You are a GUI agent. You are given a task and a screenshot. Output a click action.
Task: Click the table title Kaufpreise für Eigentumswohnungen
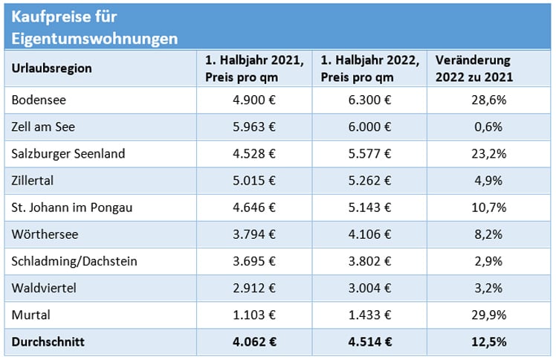click(x=94, y=28)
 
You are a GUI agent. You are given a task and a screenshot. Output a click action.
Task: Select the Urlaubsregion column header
click(x=51, y=68)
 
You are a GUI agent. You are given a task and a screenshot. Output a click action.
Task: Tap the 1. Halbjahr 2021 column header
click(x=253, y=68)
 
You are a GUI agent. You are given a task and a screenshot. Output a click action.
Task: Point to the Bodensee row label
click(x=37, y=100)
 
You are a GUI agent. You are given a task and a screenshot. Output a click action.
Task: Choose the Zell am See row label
click(x=42, y=126)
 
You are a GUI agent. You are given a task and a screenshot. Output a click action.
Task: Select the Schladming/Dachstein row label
click(x=74, y=261)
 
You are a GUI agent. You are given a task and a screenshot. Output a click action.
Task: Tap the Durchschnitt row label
click(x=49, y=343)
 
